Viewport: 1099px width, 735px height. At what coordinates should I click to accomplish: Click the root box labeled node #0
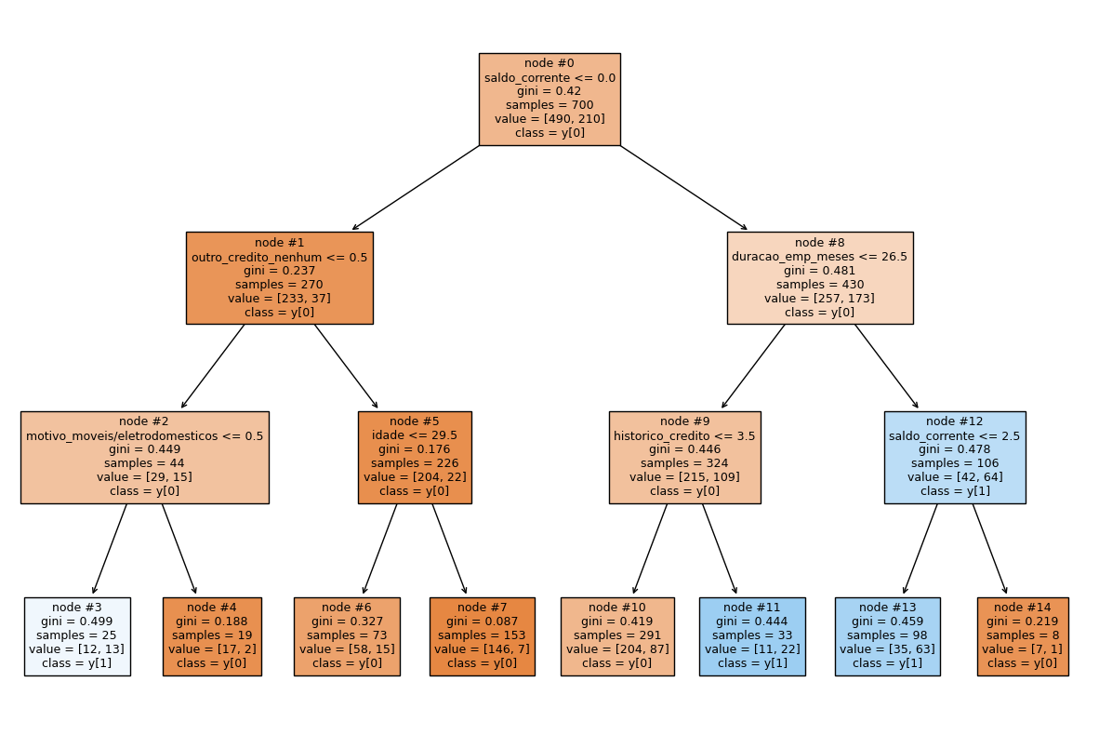tap(549, 99)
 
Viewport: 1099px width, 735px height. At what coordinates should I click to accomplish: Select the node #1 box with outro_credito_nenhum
tap(279, 277)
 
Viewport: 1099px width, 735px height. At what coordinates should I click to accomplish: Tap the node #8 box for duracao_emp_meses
tap(819, 277)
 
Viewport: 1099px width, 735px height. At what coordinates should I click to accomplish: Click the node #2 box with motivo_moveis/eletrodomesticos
tap(144, 457)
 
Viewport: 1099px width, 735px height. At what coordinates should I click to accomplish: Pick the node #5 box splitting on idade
tap(415, 457)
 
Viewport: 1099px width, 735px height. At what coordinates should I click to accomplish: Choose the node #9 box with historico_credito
tap(684, 457)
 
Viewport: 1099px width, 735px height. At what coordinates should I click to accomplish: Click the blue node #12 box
tap(955, 457)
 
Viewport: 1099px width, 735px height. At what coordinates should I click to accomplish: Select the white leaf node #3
tap(77, 636)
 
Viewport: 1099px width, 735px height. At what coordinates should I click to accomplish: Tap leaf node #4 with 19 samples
tap(212, 636)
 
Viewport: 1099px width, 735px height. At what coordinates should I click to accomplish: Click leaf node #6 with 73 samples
tap(347, 636)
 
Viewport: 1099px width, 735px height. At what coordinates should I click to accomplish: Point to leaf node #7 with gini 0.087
tap(482, 636)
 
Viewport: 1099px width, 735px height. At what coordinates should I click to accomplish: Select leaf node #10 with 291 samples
tap(616, 636)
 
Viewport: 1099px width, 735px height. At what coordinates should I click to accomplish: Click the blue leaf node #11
tap(752, 636)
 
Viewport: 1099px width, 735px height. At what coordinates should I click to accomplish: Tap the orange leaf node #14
tap(1022, 636)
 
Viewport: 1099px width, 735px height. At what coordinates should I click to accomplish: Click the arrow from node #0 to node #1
tap(416, 188)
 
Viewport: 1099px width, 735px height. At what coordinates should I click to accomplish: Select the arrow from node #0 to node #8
tap(683, 188)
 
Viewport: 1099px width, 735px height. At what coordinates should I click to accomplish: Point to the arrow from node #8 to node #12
tap(886, 367)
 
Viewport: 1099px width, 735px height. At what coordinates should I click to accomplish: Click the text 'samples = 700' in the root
tap(549, 105)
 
